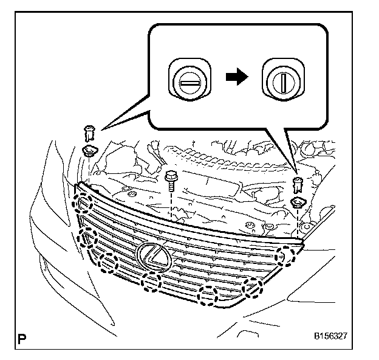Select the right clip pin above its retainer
pos(297,183)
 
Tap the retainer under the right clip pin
pos(298,202)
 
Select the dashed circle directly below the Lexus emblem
pos(151,282)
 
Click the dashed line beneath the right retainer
pos(299,222)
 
